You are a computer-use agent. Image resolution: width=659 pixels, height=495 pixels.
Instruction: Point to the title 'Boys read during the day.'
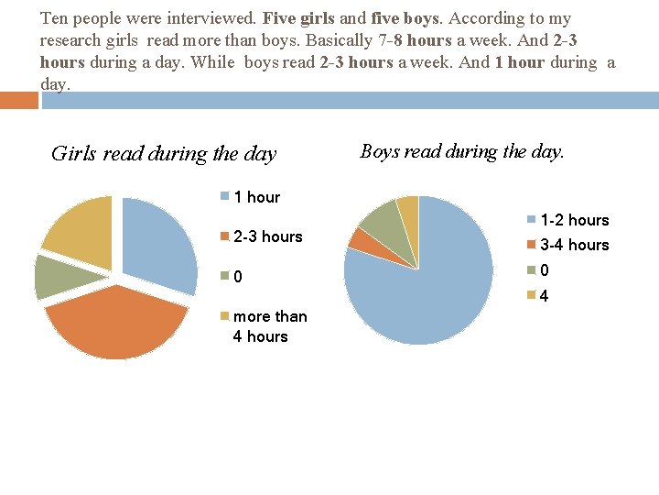coord(462,151)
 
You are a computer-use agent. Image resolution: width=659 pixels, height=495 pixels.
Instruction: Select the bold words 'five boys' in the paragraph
coord(403,17)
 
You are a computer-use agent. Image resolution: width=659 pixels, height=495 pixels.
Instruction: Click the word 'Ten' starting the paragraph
coord(54,17)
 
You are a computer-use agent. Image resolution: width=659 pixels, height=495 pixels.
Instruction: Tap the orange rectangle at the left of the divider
coord(19,100)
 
